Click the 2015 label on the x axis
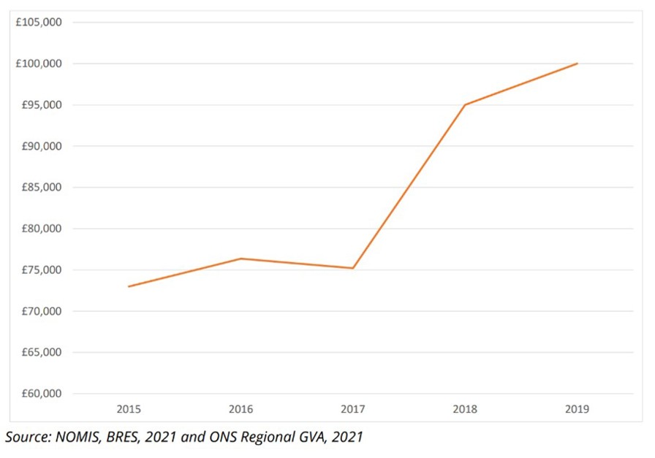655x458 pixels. point(129,408)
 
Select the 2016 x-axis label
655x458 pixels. point(241,408)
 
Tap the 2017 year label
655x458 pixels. point(353,408)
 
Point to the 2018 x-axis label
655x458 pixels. point(465,408)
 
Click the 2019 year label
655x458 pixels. point(578,408)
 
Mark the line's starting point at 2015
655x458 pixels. point(129,286)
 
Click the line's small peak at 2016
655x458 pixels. point(241,259)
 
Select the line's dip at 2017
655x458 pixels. point(353,268)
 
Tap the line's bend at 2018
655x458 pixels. point(465,104)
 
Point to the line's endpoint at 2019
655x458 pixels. point(578,64)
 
